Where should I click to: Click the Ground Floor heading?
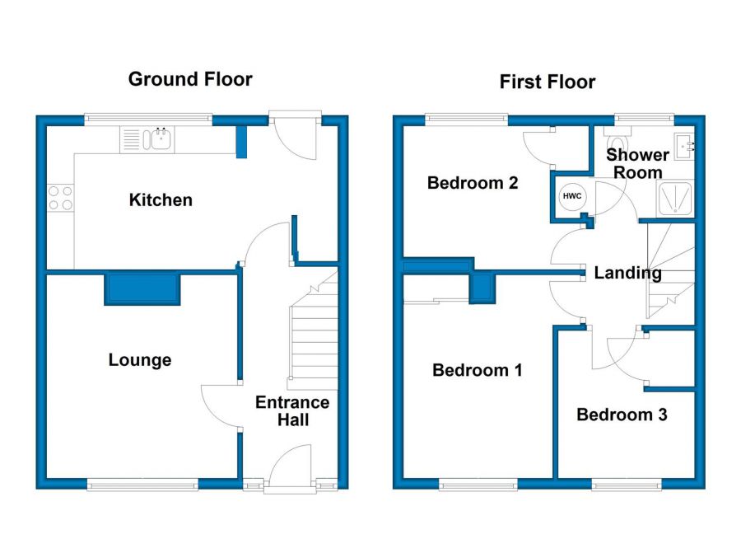point(190,79)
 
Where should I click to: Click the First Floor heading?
point(548,82)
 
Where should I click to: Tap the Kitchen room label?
point(161,199)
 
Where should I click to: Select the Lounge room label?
point(140,360)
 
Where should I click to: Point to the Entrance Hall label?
point(292,410)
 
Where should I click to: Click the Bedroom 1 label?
point(478,369)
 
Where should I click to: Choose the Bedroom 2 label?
point(473,183)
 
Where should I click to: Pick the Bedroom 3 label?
point(622,415)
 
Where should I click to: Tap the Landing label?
point(627,273)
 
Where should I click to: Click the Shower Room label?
point(637,163)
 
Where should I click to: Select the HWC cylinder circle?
point(572,196)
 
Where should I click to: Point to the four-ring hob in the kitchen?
point(60,198)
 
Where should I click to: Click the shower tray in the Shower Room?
point(675,198)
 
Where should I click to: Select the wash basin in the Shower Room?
point(684,146)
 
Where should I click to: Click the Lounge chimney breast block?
point(142,288)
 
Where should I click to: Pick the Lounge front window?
point(142,484)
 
